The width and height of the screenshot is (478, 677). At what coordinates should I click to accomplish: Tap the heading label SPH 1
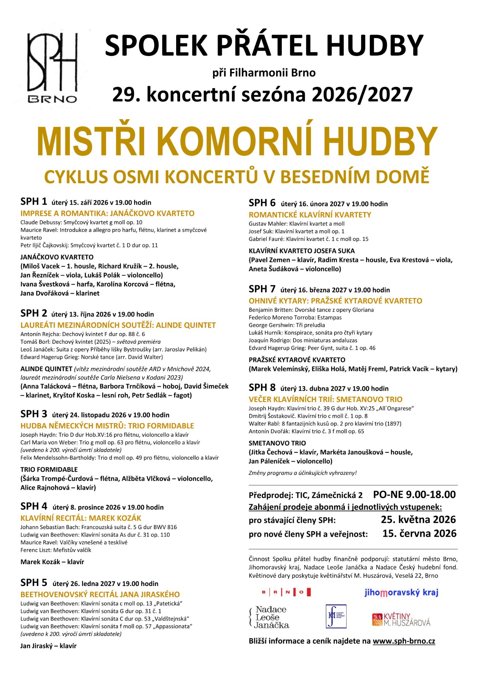(x=33, y=202)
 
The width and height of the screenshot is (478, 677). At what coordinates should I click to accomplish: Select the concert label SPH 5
(x=33, y=583)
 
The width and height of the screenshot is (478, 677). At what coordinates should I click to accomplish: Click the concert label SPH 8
(x=262, y=388)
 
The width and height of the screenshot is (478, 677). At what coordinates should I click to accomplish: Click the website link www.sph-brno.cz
(x=404, y=641)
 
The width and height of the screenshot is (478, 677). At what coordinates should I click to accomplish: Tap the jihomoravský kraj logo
(x=401, y=592)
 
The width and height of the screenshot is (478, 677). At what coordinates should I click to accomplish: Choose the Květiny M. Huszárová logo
(x=401, y=619)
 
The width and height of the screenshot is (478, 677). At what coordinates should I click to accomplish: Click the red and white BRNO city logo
(x=286, y=592)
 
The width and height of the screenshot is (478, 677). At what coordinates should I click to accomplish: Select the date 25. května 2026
(x=418, y=520)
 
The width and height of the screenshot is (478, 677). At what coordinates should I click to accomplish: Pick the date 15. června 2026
(x=419, y=533)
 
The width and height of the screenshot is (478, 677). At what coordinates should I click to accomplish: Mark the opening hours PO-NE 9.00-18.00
(x=414, y=495)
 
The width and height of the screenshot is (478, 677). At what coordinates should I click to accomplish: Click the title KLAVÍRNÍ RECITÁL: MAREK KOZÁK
(x=81, y=518)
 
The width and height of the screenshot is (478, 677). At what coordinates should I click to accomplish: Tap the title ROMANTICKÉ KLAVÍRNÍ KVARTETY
(x=310, y=215)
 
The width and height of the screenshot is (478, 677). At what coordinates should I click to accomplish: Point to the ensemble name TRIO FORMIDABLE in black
(x=49, y=470)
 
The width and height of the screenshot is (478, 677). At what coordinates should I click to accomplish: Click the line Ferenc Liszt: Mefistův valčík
(x=56, y=550)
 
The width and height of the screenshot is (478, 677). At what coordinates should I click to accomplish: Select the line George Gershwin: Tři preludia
(x=287, y=325)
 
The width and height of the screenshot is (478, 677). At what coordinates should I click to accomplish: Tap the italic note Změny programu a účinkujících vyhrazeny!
(x=303, y=473)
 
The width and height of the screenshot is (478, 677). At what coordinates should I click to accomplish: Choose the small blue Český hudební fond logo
(x=336, y=616)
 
